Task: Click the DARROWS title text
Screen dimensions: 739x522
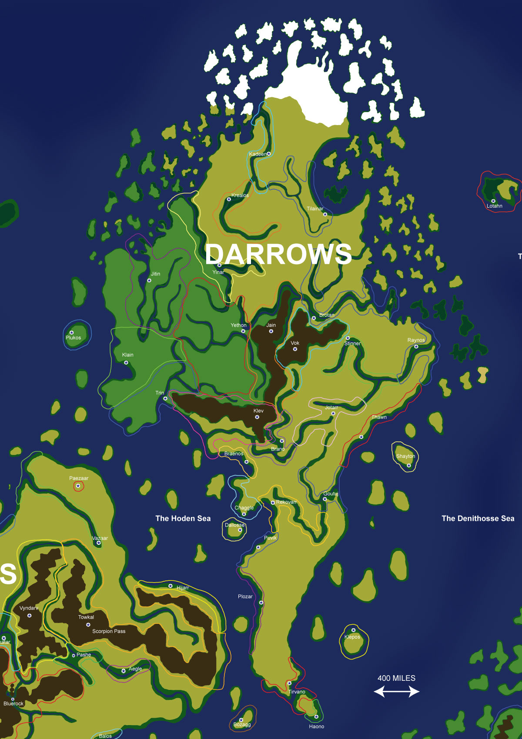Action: pos(278,254)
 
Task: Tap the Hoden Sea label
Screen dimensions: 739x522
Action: pos(183,518)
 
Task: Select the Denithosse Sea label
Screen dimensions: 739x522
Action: pos(478,518)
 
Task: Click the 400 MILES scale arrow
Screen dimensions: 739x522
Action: pos(396,691)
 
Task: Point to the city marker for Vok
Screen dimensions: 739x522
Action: pos(295,349)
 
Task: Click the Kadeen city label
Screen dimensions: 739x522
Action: pos(258,154)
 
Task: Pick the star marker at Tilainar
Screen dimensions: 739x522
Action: pos(325,214)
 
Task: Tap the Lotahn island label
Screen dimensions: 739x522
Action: pos(495,206)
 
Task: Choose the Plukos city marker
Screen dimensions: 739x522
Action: pos(72,332)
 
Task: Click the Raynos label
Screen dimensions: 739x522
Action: pos(416,340)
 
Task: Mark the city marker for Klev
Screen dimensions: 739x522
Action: pos(257,417)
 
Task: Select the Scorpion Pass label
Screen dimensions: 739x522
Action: pos(109,631)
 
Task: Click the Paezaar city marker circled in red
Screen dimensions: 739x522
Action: pos(78,486)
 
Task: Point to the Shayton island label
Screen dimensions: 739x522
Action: pos(405,456)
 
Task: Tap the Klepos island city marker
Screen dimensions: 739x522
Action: pos(353,630)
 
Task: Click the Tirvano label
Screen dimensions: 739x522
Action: pos(297,692)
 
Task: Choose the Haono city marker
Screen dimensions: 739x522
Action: pos(316,716)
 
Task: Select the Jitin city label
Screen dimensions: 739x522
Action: pos(155,274)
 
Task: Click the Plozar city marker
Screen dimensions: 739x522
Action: pos(261,603)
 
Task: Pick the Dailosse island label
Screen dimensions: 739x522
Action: pos(234,525)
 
